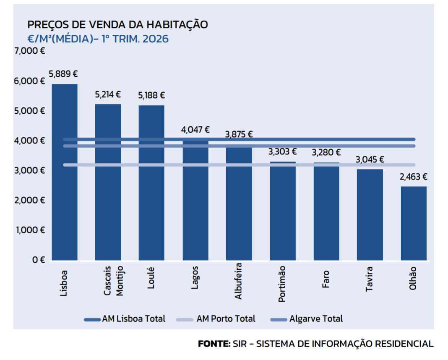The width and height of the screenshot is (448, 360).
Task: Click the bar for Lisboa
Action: (65, 172)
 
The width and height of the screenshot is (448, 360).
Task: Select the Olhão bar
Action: (414, 224)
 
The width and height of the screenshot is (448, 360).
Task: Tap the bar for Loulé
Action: (151, 183)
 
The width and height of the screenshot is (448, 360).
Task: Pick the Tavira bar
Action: (370, 214)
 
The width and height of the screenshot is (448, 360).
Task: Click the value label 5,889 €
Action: (63, 74)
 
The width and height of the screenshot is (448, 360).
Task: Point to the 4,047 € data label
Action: (195, 130)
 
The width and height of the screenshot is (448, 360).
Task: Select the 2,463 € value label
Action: (414, 177)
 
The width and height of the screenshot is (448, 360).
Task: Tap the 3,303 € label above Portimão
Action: (282, 152)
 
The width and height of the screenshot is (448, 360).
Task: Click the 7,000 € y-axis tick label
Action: (29, 51)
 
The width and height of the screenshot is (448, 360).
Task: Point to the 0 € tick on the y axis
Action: (39, 260)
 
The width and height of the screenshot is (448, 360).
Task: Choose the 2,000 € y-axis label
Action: (29, 200)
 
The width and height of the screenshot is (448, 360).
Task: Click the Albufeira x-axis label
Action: (238, 281)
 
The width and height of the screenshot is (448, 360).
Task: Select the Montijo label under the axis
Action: (119, 281)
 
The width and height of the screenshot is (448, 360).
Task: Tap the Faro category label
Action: (326, 279)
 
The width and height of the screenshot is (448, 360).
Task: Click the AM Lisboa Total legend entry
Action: (125, 319)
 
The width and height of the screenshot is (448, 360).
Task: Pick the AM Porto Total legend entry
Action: (216, 319)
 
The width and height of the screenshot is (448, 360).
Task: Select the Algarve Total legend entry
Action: (307, 319)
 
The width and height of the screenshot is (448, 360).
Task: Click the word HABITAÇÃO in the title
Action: (177, 24)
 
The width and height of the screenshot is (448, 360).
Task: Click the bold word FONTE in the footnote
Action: (214, 344)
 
